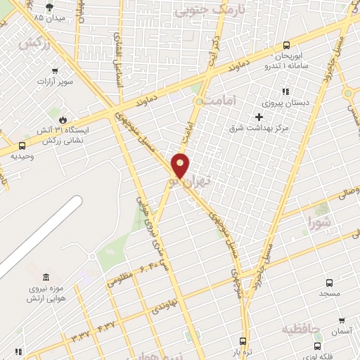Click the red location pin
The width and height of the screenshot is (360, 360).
pos(181,165)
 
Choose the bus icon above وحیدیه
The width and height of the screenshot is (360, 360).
pos(23,146)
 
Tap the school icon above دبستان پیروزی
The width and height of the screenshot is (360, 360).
pos(285,91)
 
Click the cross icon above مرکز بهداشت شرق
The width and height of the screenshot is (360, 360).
pos(259,117)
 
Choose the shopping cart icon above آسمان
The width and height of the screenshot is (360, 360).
pos(342,320)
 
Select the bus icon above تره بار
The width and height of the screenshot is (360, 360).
pos(243,340)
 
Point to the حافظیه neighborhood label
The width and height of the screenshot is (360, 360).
pos(301,328)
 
